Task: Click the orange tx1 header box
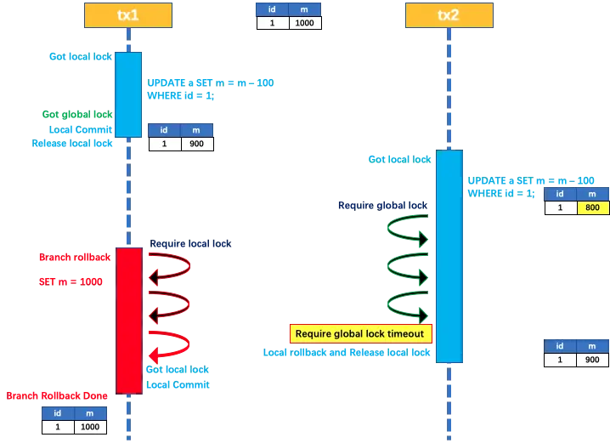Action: (128, 15)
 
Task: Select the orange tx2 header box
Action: (449, 15)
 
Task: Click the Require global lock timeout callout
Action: (362, 333)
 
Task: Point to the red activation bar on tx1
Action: (128, 320)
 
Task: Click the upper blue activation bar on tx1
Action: (128, 94)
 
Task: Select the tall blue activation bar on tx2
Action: (449, 256)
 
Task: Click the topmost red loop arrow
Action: (170, 265)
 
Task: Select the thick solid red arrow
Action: (170, 344)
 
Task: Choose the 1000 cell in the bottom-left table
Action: (90, 428)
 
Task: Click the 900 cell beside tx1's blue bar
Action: (197, 145)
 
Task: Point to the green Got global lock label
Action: (77, 115)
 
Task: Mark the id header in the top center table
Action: (273, 9)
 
